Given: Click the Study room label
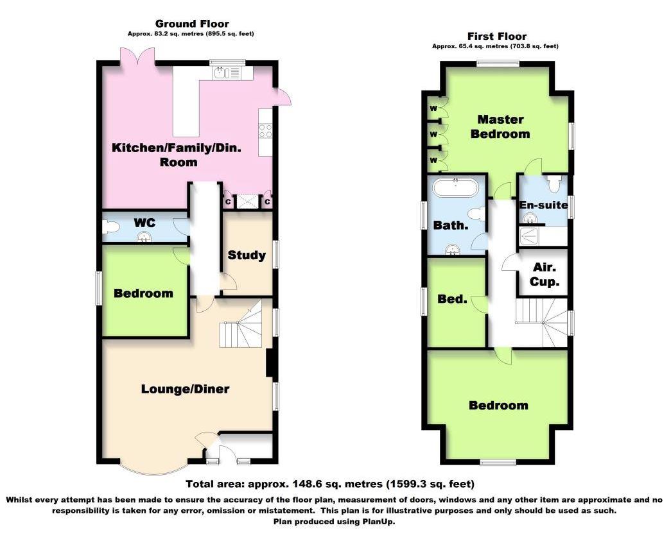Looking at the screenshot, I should (x=247, y=255).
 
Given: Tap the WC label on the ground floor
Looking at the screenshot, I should (x=144, y=222).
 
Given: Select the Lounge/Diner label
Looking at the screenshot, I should (x=185, y=389).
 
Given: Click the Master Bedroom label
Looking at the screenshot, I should (x=500, y=126).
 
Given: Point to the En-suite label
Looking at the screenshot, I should (x=543, y=205).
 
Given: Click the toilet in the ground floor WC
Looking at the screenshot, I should (x=111, y=227).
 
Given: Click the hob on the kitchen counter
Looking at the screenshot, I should (x=265, y=131).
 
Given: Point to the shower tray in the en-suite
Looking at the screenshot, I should (x=530, y=236).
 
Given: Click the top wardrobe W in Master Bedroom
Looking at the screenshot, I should (x=433, y=108).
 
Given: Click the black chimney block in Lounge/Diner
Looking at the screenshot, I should (x=270, y=364).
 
